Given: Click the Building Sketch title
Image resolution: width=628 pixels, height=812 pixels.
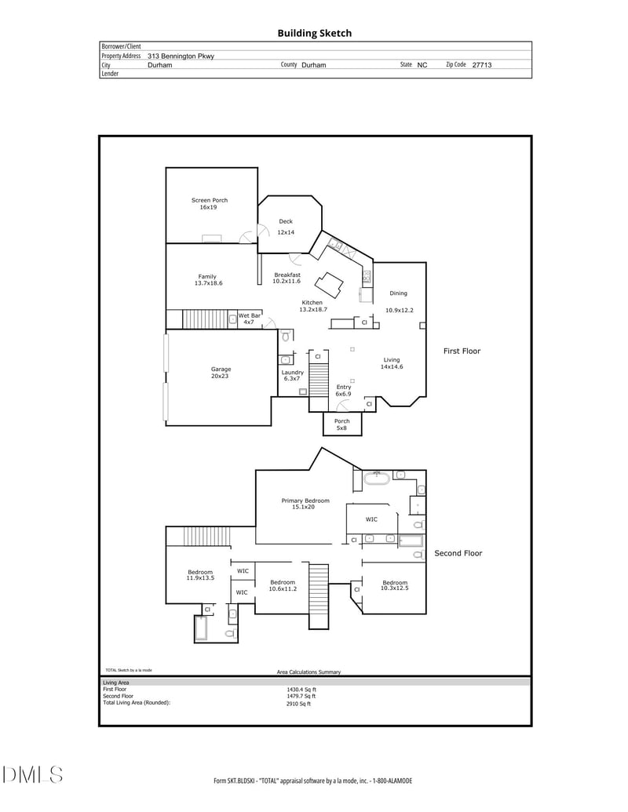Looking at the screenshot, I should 314,33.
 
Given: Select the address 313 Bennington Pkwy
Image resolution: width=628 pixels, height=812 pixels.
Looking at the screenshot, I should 181,56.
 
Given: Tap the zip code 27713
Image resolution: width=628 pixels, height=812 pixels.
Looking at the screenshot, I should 481,65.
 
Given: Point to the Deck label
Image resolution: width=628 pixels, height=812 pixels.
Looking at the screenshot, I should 286,222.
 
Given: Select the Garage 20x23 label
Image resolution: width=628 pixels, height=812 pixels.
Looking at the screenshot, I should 221,373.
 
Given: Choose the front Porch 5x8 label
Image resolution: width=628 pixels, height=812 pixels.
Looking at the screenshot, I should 342,424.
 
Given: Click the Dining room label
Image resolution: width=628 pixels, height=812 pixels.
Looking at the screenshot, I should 398,293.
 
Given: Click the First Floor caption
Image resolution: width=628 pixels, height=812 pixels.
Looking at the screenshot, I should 462,351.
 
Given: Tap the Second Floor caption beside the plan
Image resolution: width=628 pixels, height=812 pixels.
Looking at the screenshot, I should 458,553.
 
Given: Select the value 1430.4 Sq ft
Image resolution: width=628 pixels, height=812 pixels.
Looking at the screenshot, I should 301,690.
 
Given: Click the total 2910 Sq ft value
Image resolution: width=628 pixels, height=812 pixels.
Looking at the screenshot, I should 298,704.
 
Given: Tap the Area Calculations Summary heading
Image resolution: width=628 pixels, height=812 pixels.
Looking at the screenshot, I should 309,672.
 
